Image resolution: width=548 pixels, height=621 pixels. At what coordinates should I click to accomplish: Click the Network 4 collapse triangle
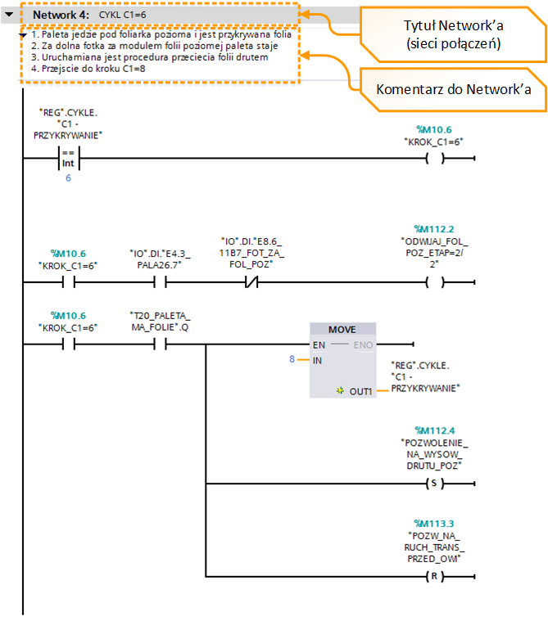point(9,15)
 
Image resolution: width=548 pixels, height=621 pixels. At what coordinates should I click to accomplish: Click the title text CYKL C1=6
point(123,15)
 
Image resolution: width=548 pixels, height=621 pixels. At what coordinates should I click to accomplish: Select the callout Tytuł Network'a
point(453,34)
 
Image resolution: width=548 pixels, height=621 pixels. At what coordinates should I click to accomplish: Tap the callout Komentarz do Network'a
point(453,89)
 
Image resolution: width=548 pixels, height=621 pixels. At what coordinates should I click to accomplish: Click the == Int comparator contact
point(69,159)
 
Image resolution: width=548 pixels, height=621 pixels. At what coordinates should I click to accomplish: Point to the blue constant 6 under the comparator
point(68,178)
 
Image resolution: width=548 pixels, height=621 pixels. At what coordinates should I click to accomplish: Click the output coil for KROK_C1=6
point(435,159)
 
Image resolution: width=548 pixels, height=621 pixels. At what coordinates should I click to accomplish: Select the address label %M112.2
point(434,229)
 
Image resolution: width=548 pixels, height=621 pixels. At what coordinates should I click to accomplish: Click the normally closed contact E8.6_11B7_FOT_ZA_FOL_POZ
point(251,282)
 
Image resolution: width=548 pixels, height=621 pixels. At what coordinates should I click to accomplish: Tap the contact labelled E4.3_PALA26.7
point(160,282)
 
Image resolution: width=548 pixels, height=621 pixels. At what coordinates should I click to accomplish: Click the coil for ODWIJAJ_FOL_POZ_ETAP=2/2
point(435,282)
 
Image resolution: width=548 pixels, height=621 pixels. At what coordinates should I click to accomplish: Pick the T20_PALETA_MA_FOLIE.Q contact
point(160,344)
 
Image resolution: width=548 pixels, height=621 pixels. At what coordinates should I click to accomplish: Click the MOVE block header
point(342,330)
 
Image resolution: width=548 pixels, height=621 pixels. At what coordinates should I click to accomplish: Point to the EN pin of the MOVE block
point(319,345)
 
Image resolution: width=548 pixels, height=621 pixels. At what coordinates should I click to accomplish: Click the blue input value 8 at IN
point(292,359)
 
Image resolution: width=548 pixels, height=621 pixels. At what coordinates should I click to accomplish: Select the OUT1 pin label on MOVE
point(360,392)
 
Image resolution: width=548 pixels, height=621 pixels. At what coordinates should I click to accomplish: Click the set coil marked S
point(435,484)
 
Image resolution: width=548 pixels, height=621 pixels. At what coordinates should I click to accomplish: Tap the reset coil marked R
point(435,576)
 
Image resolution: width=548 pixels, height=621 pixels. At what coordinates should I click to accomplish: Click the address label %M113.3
point(434,524)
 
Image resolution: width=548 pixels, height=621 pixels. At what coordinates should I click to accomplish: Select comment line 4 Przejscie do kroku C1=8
point(88,69)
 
